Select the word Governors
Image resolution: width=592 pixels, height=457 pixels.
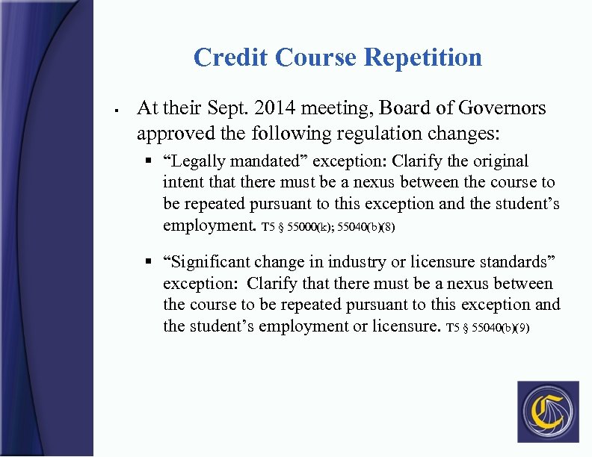click(499, 108)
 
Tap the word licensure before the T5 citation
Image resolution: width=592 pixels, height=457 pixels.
click(406, 326)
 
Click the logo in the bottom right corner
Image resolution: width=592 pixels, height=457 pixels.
click(548, 411)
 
